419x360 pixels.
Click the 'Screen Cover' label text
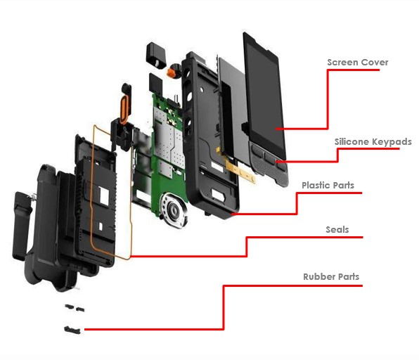tap(358, 63)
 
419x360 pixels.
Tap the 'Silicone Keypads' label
tap(373, 141)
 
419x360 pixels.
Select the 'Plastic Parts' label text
tap(328, 185)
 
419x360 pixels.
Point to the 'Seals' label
tap(337, 230)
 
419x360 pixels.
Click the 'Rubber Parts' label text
tap(331, 276)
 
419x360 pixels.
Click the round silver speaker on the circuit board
tap(174, 210)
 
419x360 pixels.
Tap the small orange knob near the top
tap(172, 72)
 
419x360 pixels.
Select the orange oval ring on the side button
tap(124, 109)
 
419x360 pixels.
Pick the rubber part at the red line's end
tap(72, 330)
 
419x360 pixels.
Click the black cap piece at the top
tap(156, 56)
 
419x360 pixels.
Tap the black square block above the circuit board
tap(156, 84)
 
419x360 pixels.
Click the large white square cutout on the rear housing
tap(103, 196)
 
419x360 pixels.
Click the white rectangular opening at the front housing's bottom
tap(218, 195)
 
